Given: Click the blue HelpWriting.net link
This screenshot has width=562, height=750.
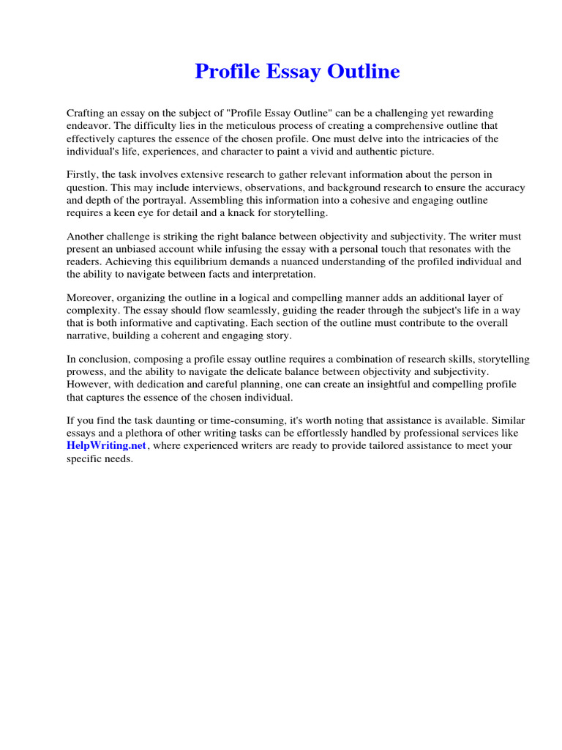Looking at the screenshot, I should coord(107,445).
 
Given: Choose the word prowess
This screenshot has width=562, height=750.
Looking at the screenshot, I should coord(86,371).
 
